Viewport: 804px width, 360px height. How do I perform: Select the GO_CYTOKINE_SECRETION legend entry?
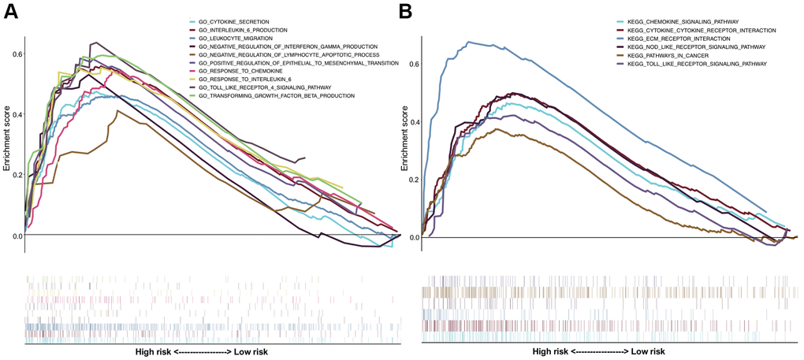[241, 21]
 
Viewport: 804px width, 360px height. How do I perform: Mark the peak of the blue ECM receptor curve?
[471, 42]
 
